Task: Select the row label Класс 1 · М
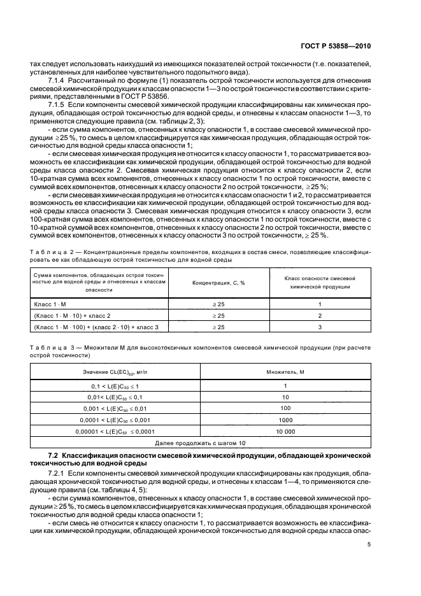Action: tap(46, 304)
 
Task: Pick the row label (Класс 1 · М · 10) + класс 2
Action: tap(72, 315)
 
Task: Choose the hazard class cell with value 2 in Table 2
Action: tap(319, 315)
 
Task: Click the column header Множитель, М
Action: tap(285, 371)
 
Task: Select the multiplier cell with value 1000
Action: tap(285, 420)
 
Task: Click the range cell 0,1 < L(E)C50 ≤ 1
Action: tap(115, 387)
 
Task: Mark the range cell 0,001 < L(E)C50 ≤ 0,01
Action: tap(115, 409)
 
